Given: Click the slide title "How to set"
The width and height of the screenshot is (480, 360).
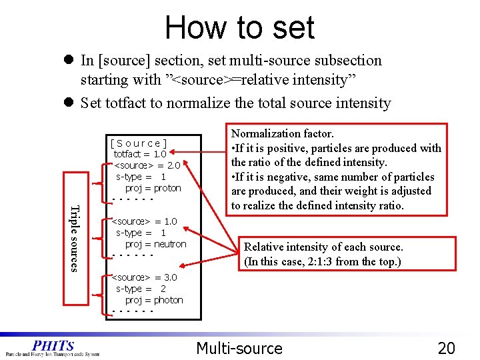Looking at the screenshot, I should [239, 28].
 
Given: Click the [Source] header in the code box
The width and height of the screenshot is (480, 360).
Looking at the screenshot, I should [139, 143].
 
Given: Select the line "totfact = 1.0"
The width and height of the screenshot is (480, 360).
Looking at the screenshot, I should [140, 154].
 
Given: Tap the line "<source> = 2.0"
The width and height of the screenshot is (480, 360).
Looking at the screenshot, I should [147, 165].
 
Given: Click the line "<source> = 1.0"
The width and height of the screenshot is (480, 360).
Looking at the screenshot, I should [145, 221].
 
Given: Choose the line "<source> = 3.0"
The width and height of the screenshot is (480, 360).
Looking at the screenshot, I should [145, 277].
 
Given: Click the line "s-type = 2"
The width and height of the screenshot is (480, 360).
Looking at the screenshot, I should [141, 289].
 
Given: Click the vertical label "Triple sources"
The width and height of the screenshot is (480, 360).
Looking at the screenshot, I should [75, 238].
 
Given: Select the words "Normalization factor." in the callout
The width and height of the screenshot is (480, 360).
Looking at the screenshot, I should [283, 134].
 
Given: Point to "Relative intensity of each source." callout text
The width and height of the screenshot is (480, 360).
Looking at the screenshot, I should [324, 247].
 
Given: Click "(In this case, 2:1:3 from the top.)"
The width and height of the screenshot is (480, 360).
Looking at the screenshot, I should [323, 261].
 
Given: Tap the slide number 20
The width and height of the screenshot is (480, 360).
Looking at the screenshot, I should [446, 347].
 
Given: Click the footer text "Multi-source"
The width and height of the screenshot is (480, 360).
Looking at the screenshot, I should [239, 347].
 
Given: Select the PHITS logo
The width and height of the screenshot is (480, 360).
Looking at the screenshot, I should [53, 347].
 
